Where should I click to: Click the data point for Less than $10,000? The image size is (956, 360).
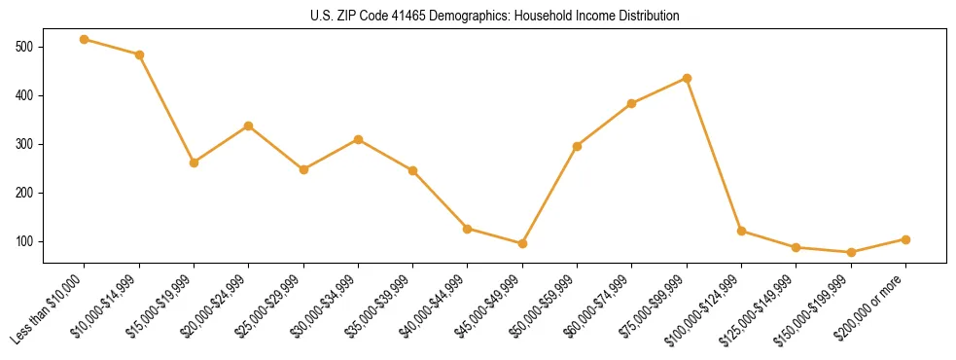(x=85, y=39)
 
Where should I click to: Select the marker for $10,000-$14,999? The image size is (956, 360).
(x=139, y=54)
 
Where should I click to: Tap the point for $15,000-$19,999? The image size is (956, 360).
(x=194, y=162)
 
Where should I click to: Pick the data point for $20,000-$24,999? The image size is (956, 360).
(x=249, y=126)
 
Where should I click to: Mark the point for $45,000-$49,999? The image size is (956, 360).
(x=522, y=243)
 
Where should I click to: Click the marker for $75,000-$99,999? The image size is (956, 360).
(x=687, y=78)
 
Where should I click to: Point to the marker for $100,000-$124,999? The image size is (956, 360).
(x=741, y=231)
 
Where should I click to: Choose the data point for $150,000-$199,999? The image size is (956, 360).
(x=851, y=252)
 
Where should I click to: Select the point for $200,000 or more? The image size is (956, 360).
(x=905, y=239)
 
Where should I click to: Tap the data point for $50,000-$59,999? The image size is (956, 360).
(x=577, y=146)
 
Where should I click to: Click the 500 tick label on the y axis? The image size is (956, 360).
(x=24, y=47)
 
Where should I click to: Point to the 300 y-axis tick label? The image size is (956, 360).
(x=24, y=144)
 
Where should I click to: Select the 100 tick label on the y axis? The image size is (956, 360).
(x=24, y=241)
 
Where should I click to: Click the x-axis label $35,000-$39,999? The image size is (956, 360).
(x=379, y=306)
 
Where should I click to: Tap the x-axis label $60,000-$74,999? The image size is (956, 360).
(x=598, y=306)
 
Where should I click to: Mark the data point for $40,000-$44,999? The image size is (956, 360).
(x=468, y=229)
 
